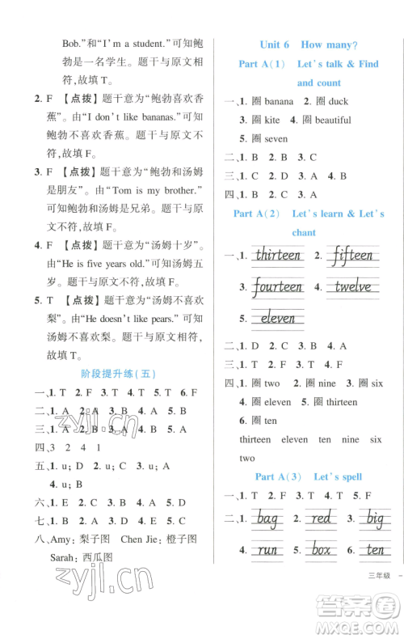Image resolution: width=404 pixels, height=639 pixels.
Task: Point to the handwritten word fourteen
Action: tap(276, 287)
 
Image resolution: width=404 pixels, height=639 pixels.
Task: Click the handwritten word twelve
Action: tap(353, 287)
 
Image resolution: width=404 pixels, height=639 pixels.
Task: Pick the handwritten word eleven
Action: tap(278, 318)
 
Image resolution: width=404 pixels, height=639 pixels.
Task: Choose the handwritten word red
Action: tap(322, 517)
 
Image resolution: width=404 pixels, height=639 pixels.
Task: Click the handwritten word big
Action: tap(373, 517)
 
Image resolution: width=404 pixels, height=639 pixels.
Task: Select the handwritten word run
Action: tap(266, 551)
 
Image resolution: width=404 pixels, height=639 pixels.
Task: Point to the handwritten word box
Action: tap(322, 551)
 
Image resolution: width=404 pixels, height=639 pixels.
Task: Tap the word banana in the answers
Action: tap(279, 102)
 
